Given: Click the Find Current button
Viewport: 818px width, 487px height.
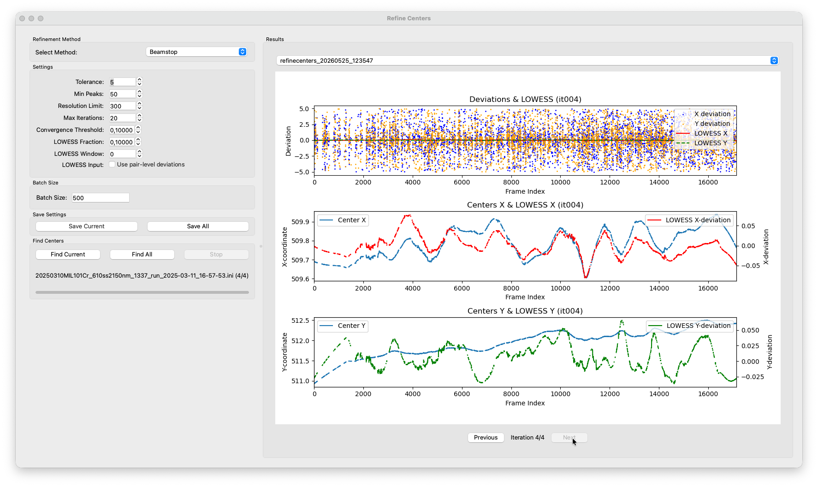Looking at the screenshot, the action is [x=68, y=255].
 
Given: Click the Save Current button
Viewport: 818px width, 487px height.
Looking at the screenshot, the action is [x=87, y=226].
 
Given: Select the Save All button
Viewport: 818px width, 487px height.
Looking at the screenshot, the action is [x=198, y=226].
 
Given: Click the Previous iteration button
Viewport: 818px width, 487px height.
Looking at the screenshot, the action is [x=486, y=438].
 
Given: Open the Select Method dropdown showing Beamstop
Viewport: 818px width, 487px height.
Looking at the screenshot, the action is [x=197, y=52].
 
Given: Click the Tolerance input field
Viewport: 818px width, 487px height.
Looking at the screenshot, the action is [x=122, y=82].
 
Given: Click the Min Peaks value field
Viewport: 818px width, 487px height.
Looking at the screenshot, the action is [x=122, y=94].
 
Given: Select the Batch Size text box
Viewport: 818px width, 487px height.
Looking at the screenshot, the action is [x=101, y=198].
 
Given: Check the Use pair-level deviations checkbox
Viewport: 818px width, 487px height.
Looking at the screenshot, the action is [x=112, y=165].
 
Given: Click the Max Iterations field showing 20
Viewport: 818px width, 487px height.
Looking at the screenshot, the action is [x=122, y=118].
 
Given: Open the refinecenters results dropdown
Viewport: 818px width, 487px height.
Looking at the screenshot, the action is [x=528, y=60].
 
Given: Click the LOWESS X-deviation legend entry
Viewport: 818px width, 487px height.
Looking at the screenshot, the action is [x=689, y=220].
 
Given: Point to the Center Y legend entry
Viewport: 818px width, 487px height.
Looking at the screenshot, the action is [x=343, y=326].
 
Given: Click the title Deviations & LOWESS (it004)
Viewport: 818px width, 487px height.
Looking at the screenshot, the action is [x=525, y=99].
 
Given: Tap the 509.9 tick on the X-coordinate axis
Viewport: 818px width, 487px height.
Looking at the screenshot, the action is [x=300, y=222].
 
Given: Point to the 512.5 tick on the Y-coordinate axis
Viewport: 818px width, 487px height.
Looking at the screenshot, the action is [x=300, y=321].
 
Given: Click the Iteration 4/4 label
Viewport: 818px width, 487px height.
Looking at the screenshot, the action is [x=528, y=438].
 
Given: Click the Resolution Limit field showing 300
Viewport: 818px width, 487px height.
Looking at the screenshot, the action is [x=122, y=106].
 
